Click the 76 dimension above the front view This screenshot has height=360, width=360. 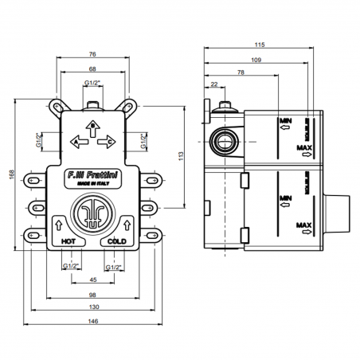point(93,55)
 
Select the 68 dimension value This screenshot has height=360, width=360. point(93,68)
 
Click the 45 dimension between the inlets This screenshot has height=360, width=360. point(93,280)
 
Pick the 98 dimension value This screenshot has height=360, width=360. point(93,295)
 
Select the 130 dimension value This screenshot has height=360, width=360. point(93,308)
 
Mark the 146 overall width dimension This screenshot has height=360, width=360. point(93,322)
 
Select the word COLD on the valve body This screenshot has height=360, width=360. point(116,239)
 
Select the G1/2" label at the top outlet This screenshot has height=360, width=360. point(93,83)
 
